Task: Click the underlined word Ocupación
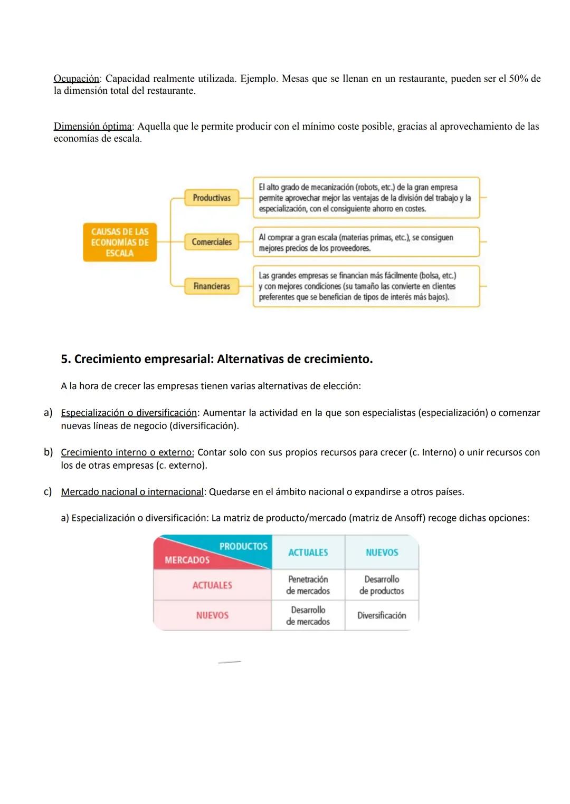pyautogui.click(x=77, y=79)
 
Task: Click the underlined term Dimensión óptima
pyautogui.click(x=93, y=127)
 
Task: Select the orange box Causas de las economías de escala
pyautogui.click(x=120, y=243)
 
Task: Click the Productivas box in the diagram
pyautogui.click(x=212, y=198)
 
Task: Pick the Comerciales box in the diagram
pyautogui.click(x=212, y=242)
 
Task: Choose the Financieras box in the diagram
pyautogui.click(x=212, y=286)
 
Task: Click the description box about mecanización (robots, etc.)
pyautogui.click(x=366, y=198)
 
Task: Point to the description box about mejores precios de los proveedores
pyautogui.click(x=366, y=243)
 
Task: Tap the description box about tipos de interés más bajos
pyautogui.click(x=366, y=286)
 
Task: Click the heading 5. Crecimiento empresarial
pyautogui.click(x=216, y=359)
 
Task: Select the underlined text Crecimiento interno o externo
pyautogui.click(x=127, y=452)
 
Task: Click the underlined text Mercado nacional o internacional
pyautogui.click(x=132, y=492)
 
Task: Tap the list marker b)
pyautogui.click(x=48, y=452)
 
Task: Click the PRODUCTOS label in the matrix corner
pyautogui.click(x=243, y=546)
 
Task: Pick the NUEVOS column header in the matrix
pyautogui.click(x=382, y=553)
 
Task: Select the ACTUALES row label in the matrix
pyautogui.click(x=212, y=585)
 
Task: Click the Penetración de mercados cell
pyautogui.click(x=308, y=585)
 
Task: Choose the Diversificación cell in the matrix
pyautogui.click(x=382, y=615)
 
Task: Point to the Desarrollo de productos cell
pyautogui.click(x=382, y=585)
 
